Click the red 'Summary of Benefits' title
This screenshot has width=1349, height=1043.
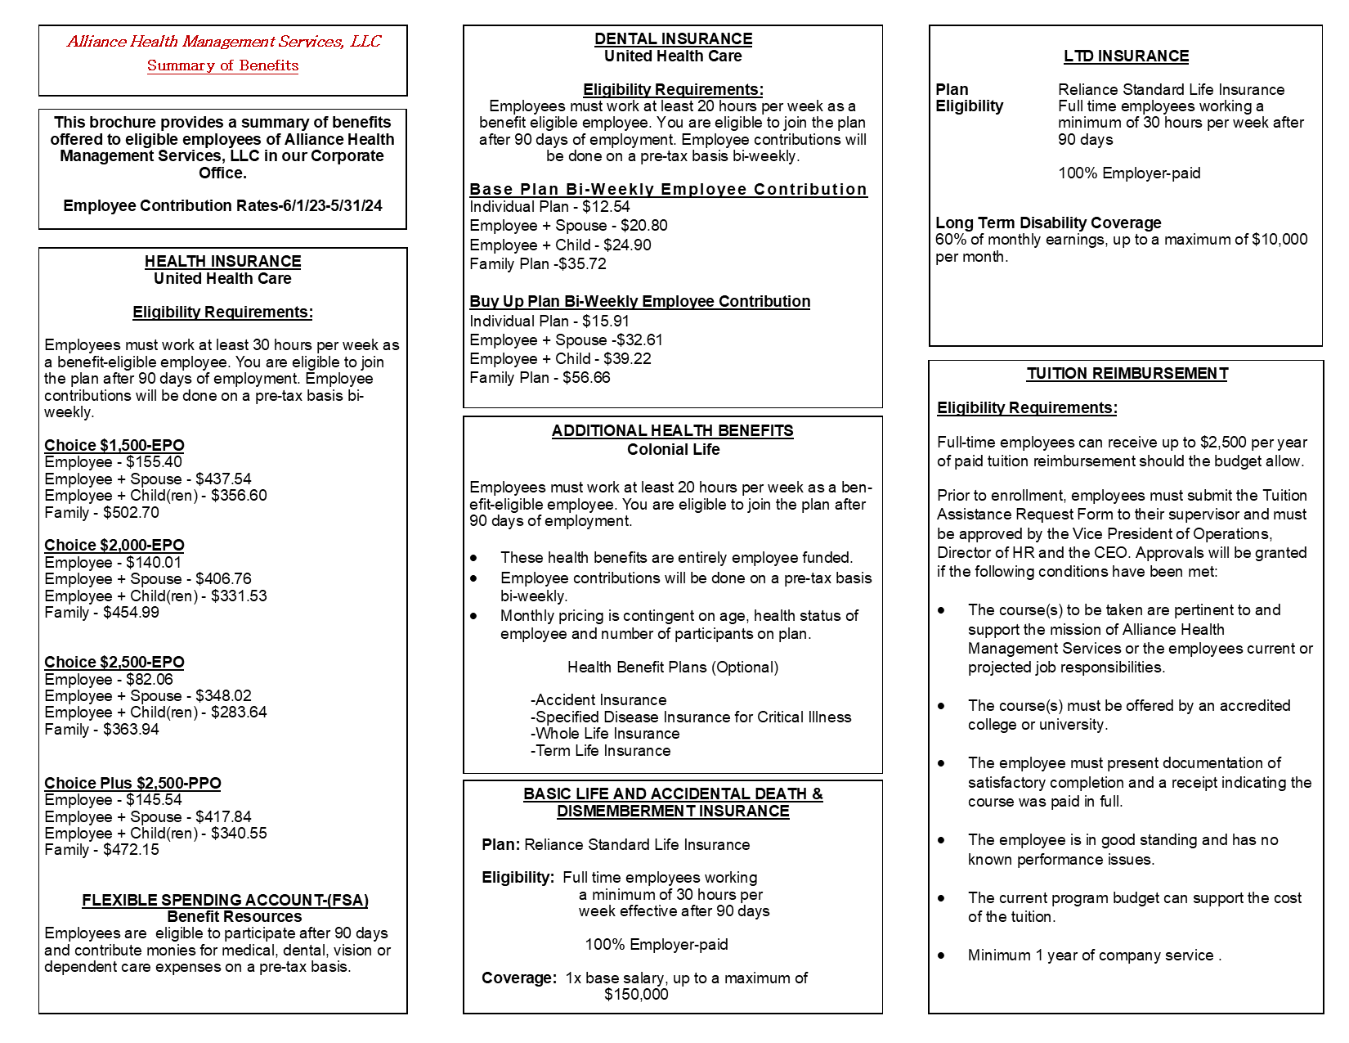point(222,65)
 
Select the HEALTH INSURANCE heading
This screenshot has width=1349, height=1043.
point(222,262)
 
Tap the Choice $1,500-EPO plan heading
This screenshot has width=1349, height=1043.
point(114,446)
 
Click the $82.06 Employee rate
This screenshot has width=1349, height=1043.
point(150,680)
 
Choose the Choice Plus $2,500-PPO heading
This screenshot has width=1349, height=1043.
point(132,784)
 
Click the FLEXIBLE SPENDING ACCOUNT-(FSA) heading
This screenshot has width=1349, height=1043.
point(225,901)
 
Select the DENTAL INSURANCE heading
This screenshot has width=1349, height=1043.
point(673,39)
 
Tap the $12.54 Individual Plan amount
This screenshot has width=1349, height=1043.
point(606,207)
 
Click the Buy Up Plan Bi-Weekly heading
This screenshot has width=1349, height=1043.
point(639,302)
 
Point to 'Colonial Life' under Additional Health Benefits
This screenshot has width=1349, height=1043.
point(673,450)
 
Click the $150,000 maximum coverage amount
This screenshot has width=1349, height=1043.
point(636,995)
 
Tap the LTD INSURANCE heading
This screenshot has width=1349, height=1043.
point(1126,56)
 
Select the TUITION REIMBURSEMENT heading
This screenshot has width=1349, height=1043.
point(1127,374)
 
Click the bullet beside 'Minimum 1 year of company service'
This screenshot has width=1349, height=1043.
point(942,955)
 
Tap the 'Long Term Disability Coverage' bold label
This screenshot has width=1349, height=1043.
point(1048,223)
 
